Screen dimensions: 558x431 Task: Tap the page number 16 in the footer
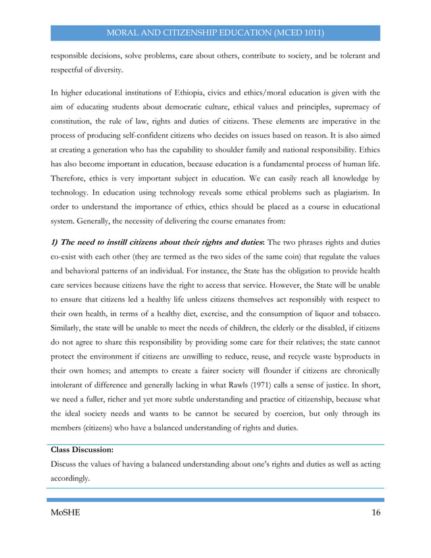point(375,513)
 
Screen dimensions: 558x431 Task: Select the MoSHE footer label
point(66,513)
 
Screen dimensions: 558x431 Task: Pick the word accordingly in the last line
point(70,478)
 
